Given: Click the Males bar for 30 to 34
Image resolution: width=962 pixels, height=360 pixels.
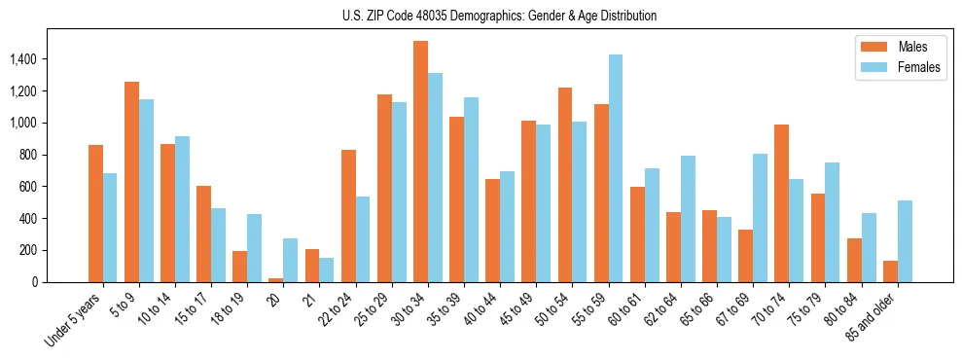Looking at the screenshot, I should point(420,162).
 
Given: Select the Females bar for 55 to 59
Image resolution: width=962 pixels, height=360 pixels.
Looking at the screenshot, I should point(616,168).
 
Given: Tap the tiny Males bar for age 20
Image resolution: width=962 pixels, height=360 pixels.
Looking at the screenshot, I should point(276,280).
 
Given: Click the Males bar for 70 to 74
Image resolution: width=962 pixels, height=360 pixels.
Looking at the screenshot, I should point(781,203).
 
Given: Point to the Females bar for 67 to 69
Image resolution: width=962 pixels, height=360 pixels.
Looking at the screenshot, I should point(760,218).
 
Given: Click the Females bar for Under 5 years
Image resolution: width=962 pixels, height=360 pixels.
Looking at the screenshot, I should point(110,228).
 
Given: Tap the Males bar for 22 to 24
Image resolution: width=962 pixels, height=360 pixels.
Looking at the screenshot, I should point(348,216).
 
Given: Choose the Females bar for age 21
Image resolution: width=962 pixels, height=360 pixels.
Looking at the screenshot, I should point(327,270).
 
